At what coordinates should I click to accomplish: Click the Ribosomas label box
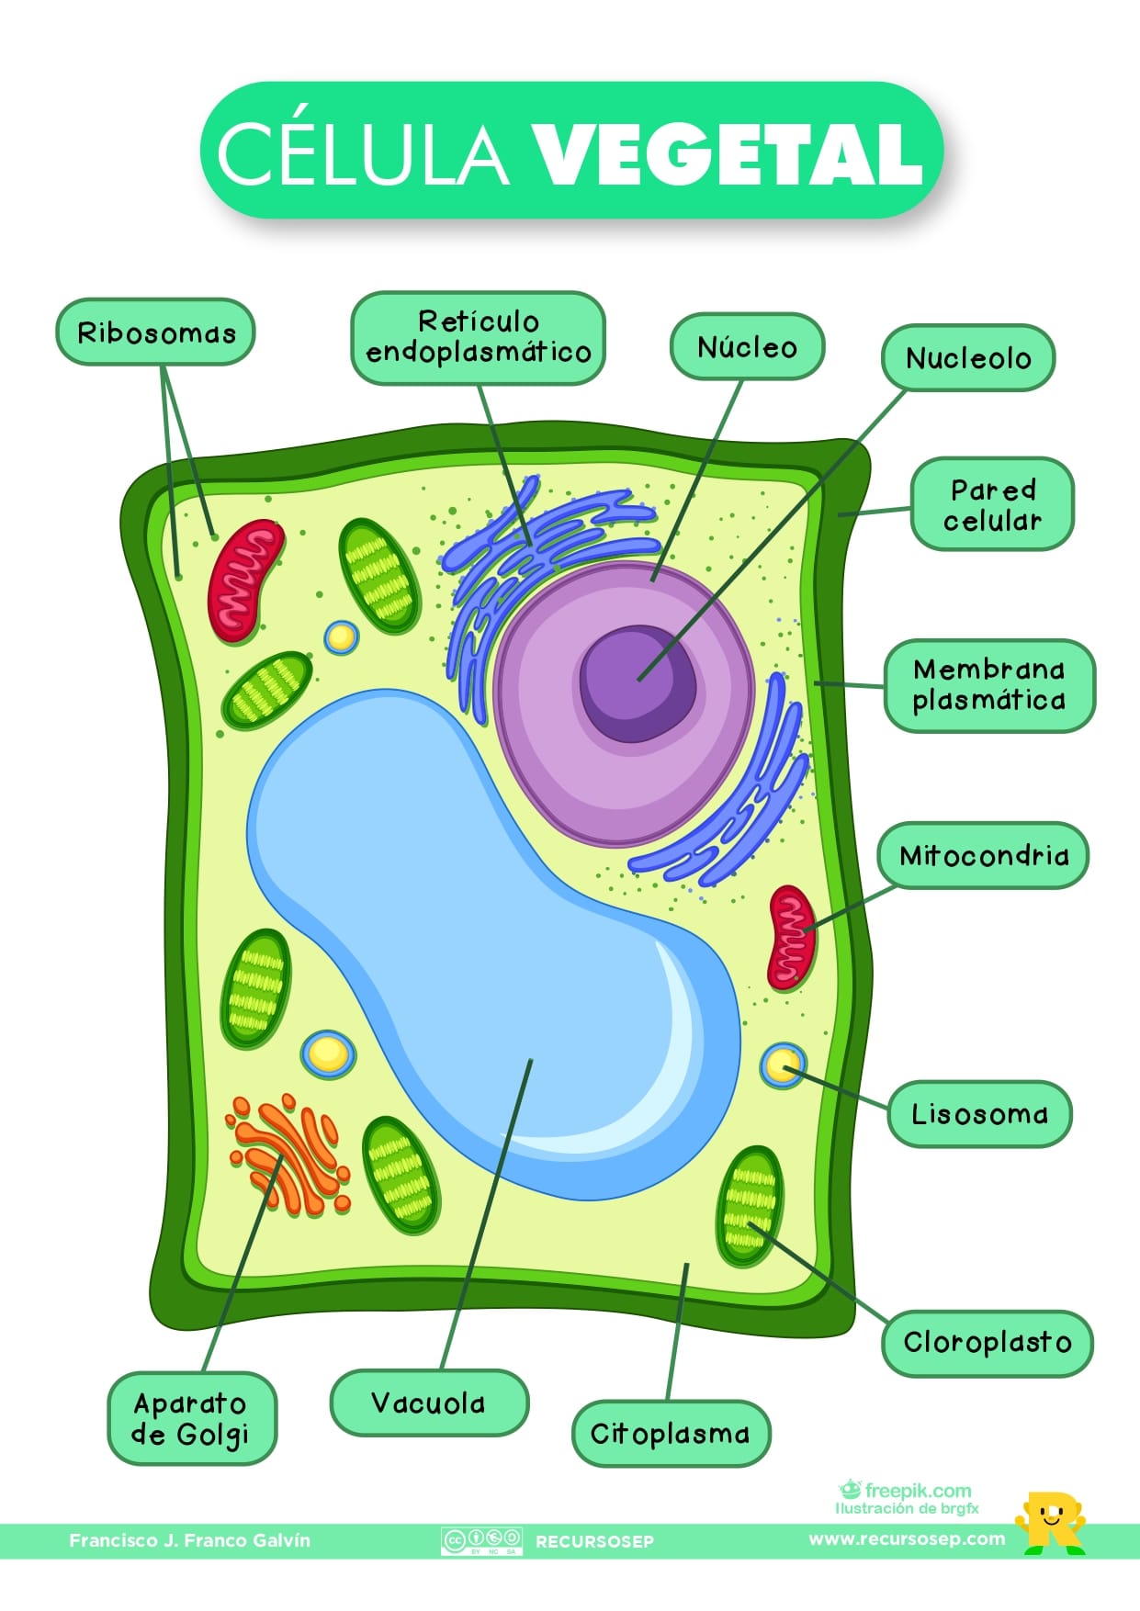155,332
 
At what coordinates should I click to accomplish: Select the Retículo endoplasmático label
478,337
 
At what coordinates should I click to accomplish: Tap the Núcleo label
747,346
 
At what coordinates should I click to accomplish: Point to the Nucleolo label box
968,357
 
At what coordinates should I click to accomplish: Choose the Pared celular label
992,504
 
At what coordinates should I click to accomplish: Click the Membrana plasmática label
989,685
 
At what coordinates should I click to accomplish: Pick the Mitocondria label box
983,856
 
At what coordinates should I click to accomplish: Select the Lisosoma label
979,1114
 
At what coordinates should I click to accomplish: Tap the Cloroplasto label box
988,1343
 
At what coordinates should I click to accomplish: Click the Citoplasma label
671,1433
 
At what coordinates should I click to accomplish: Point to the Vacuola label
429,1403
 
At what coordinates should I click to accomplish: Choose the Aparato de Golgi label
191,1418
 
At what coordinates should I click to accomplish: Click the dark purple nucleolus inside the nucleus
637,682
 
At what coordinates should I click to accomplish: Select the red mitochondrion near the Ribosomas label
244,580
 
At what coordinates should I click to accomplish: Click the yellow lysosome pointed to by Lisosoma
782,1065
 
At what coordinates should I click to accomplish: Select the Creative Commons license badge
481,1540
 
